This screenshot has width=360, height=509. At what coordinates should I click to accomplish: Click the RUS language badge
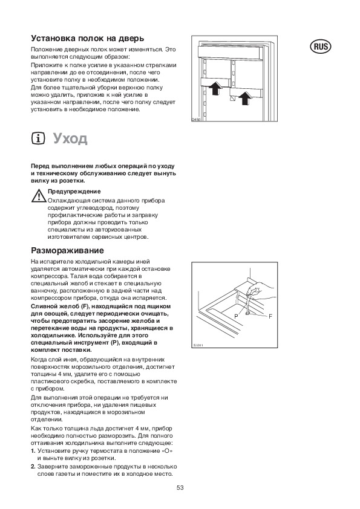pos(321,47)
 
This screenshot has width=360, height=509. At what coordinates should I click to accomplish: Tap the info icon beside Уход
pos(38,138)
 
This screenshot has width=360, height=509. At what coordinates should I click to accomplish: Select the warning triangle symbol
pos(39,196)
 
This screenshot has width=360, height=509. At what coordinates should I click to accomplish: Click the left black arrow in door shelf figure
pos(215,88)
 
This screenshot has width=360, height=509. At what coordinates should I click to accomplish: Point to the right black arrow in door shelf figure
pos(244,98)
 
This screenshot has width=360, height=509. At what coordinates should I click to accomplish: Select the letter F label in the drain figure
pos(270,316)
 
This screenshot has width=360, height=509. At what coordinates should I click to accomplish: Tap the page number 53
pos(180,488)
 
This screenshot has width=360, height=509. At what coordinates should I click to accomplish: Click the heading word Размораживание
pos(68,251)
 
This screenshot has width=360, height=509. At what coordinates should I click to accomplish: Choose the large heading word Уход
pos(71,138)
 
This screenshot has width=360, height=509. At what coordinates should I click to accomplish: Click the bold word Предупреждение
pos(74,192)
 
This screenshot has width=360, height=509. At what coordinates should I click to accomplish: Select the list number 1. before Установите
pos(33,451)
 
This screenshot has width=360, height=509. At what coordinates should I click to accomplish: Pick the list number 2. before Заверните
pos(33,467)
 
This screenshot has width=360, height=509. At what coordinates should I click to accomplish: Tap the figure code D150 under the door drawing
pos(196,120)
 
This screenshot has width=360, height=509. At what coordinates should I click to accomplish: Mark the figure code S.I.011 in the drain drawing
pos(197,345)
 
